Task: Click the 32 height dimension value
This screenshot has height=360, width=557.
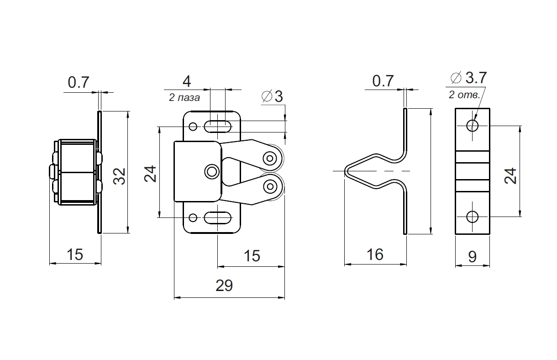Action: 119,176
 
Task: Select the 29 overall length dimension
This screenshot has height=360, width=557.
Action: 224,286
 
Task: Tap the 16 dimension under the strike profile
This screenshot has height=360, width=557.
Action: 375,254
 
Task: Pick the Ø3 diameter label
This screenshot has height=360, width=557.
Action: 273,96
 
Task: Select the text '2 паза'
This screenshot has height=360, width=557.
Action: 184,97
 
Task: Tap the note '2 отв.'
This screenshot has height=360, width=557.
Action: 464,95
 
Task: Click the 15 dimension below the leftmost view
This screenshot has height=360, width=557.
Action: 75,254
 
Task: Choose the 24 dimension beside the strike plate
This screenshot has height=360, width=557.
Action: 511,176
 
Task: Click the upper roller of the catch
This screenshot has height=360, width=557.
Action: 271,158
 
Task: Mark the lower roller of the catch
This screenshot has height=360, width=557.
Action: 271,185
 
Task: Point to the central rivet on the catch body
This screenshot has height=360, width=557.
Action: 211,171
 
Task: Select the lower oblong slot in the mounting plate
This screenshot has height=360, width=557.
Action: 217,218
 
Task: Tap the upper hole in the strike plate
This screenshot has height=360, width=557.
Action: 472,125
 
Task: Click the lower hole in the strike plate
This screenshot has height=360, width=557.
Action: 472,217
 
